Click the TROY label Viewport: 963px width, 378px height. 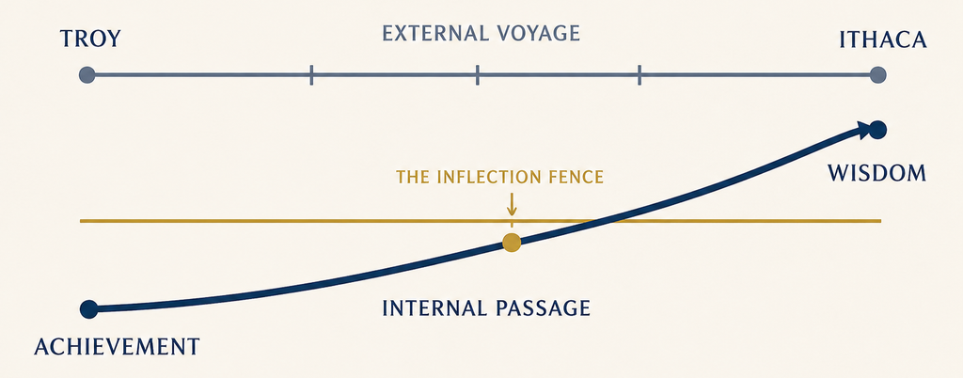(90, 39)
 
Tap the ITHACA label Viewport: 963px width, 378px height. (882, 39)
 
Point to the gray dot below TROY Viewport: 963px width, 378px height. (87, 75)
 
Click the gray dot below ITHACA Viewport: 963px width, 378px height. (878, 75)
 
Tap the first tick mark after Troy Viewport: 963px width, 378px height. (311, 75)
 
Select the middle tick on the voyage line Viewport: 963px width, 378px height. (477, 75)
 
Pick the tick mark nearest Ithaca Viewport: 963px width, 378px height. (639, 75)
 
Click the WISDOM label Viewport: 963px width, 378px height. (876, 173)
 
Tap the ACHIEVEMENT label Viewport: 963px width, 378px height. (117, 347)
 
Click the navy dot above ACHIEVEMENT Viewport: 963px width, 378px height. (88, 309)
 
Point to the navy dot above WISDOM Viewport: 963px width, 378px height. (877, 130)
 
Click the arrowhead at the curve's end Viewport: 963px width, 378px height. (864, 130)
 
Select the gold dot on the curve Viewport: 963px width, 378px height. (512, 243)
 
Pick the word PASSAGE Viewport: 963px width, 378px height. (541, 307)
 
